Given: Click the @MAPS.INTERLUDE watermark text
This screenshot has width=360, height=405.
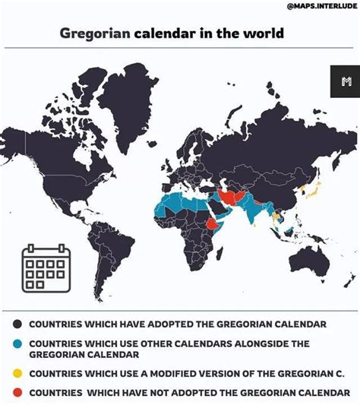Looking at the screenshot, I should [x=319, y=7].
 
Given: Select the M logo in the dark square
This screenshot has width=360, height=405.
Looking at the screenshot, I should [x=346, y=81].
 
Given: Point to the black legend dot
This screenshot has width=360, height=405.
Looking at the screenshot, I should [x=18, y=324].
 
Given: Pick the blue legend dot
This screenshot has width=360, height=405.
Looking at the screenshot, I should [x=18, y=343].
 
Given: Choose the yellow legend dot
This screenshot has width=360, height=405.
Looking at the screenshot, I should [x=18, y=373].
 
